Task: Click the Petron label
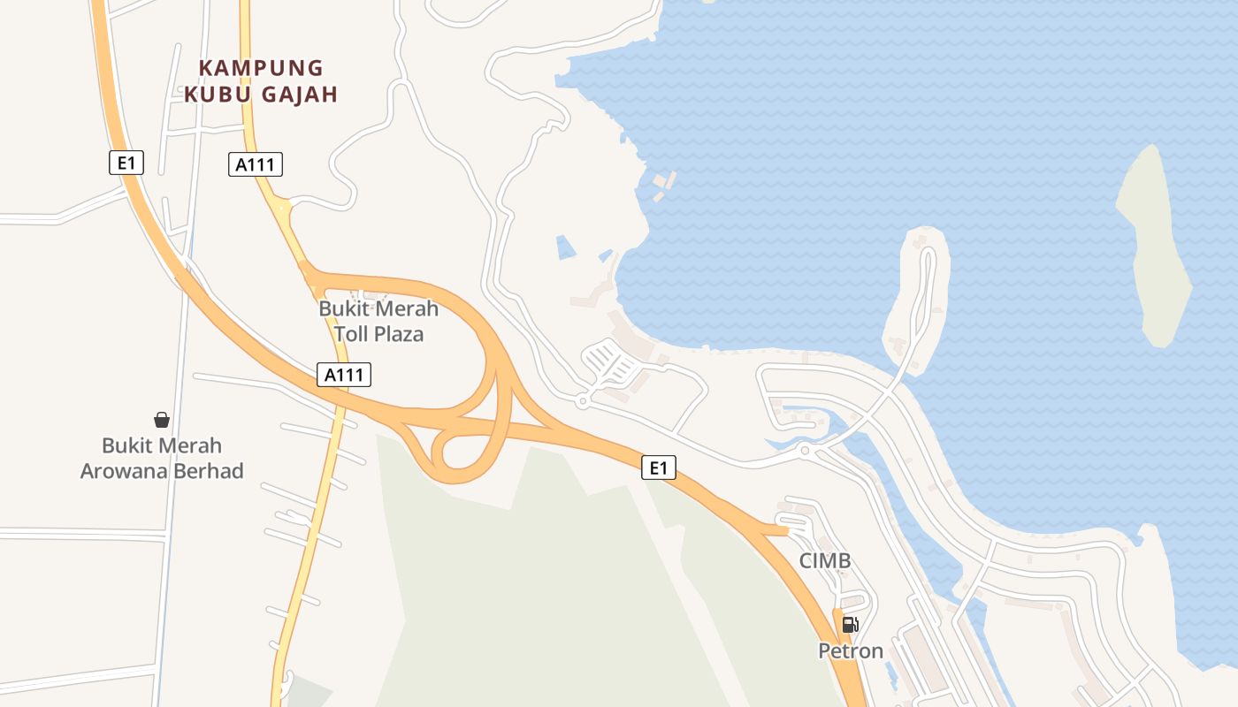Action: pos(850,651)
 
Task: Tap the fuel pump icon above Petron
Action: pos(850,625)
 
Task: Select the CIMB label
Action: pos(824,560)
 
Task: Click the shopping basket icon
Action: pos(162,419)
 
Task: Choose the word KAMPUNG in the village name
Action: pos(261,68)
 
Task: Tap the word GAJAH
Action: pos(302,95)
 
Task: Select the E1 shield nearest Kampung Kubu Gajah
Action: pos(126,163)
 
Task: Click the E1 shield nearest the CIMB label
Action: pos(658,468)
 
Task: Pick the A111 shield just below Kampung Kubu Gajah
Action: pos(255,163)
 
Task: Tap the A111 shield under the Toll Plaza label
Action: pos(344,375)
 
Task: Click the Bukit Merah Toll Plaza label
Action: pos(378,321)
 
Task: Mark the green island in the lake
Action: pos(1153,247)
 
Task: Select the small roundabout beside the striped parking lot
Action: pos(581,401)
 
